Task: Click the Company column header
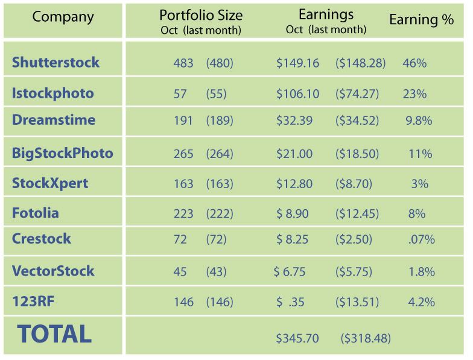click(x=63, y=16)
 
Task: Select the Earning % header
click(x=421, y=20)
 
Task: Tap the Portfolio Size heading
click(x=200, y=15)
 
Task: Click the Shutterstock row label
click(x=56, y=62)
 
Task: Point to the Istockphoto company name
click(x=53, y=93)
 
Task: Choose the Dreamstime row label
click(x=54, y=120)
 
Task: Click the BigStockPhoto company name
click(x=63, y=153)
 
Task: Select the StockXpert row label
click(x=50, y=183)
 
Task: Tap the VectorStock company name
click(x=53, y=271)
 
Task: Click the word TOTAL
click(x=54, y=333)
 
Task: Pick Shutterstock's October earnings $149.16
click(x=297, y=63)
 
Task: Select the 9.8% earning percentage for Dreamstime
click(x=419, y=121)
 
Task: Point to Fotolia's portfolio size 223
click(x=183, y=213)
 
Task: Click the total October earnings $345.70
click(x=297, y=338)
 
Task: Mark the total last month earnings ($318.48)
click(x=366, y=338)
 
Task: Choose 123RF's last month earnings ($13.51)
click(x=357, y=302)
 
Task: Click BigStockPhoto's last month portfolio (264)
click(x=219, y=154)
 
